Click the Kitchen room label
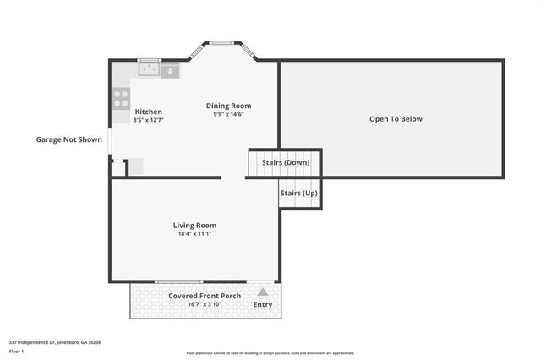(148, 112)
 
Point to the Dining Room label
(228, 106)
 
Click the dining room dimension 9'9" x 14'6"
(228, 114)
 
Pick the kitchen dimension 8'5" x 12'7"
(148, 120)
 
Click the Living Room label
(194, 225)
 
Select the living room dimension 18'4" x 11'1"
(194, 234)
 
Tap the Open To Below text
(395, 119)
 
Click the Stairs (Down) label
(285, 161)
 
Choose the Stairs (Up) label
(298, 193)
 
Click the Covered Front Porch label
(205, 296)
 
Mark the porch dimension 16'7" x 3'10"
(205, 304)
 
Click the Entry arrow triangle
(262, 292)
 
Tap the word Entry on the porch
(263, 304)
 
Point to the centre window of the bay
(223, 41)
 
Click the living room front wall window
(178, 281)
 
